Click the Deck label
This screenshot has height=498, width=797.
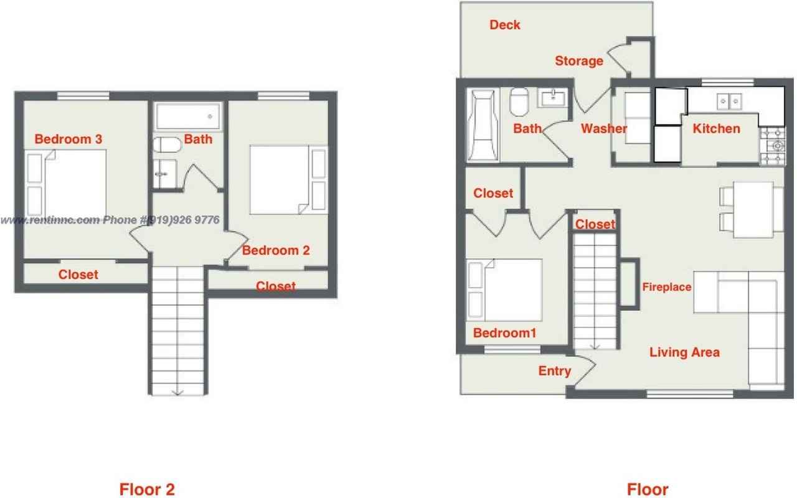tap(504, 25)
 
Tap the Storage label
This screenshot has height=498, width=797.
tap(579, 61)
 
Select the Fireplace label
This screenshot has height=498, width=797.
tap(667, 287)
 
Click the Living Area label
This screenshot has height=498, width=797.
tap(684, 352)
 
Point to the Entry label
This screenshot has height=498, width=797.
tap(554, 371)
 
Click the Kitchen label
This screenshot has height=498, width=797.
tap(717, 129)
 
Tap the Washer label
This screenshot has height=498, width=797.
tap(603, 129)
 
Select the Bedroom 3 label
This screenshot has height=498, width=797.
tap(68, 139)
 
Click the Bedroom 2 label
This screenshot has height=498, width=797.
tap(276, 250)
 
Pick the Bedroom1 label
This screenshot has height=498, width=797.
tap(504, 333)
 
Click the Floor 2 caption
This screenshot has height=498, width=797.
tap(147, 489)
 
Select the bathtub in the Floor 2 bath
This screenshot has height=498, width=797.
tap(187, 116)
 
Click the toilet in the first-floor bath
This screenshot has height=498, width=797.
tap(519, 101)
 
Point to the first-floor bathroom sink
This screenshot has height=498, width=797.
tap(554, 98)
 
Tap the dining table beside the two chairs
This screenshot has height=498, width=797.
tap(753, 210)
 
